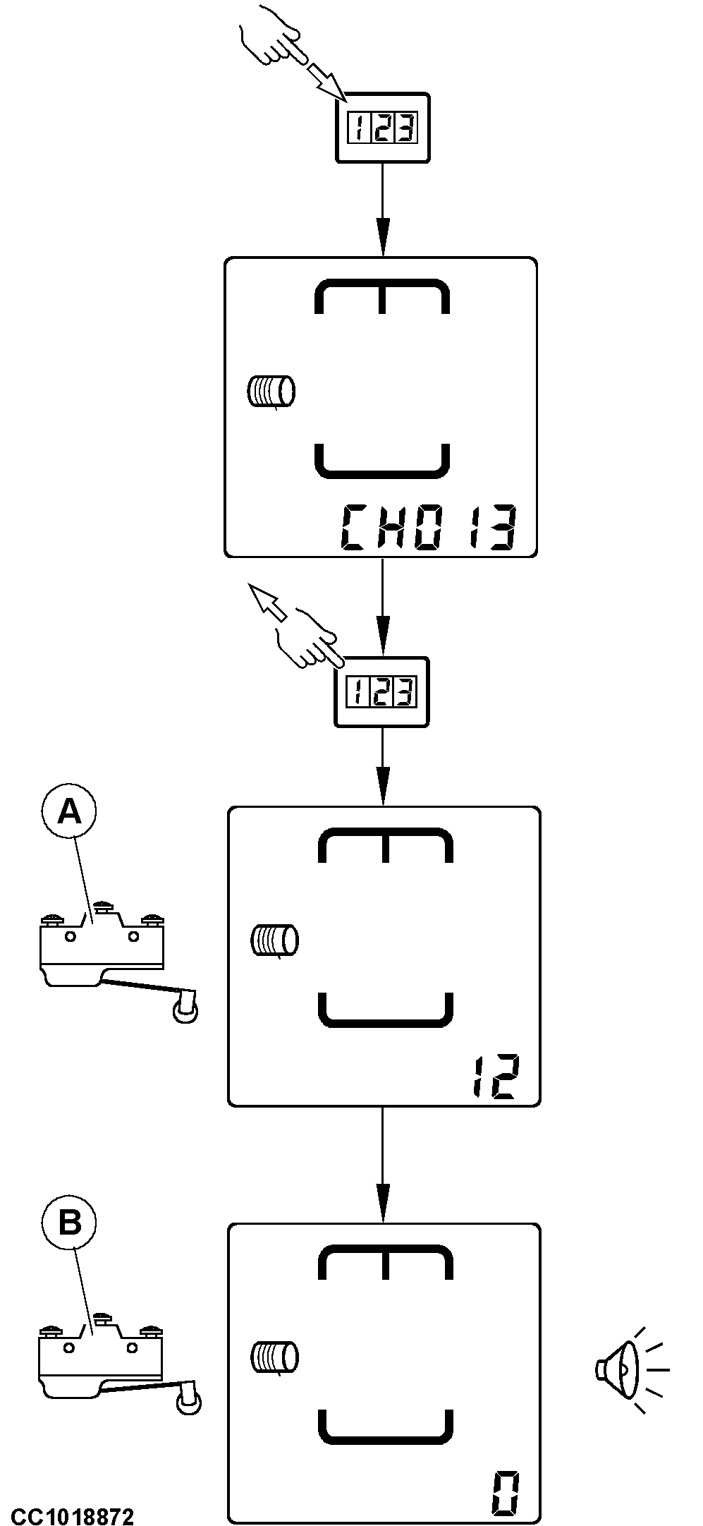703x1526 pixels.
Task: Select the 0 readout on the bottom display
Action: (x=506, y=1493)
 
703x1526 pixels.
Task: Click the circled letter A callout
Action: (x=69, y=812)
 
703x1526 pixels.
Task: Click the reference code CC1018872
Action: (x=72, y=1513)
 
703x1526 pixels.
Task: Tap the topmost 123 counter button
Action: (x=382, y=128)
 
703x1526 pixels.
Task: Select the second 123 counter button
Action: (x=382, y=691)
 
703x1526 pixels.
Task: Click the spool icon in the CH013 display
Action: (x=271, y=392)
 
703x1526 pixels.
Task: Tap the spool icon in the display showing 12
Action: (x=275, y=940)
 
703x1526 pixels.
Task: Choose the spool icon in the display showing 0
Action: (x=275, y=1357)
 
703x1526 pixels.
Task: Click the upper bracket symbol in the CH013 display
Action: (x=381, y=296)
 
